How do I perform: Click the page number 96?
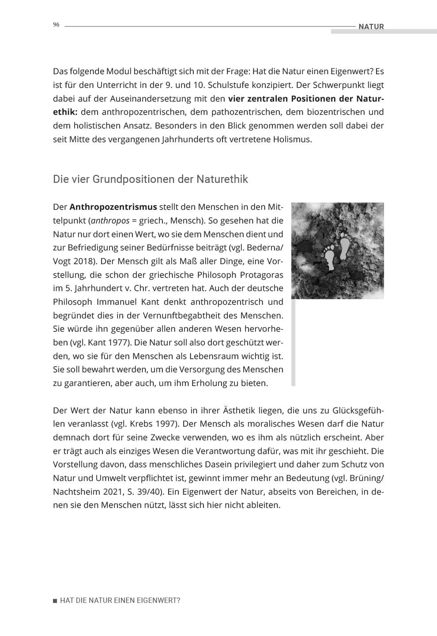56,25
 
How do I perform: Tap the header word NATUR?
371,26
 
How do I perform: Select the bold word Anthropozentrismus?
113,207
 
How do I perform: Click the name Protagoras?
261,275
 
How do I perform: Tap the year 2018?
84,261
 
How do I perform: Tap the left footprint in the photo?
329,257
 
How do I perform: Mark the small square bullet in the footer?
55,601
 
